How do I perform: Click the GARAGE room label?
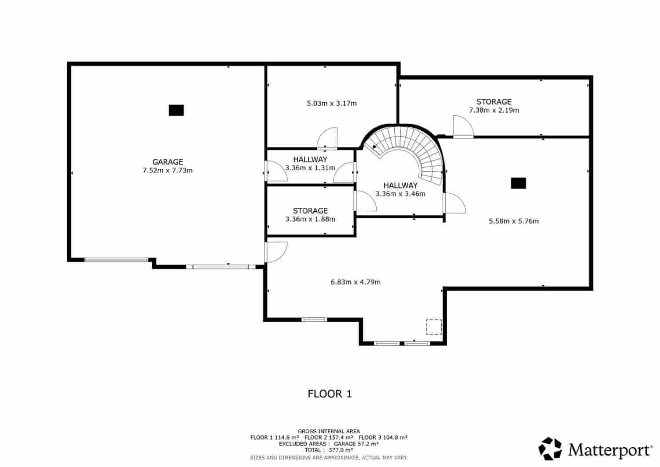pos(168,162)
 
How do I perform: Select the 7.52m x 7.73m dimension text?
pos(168,170)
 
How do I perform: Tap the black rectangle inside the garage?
pos(176,110)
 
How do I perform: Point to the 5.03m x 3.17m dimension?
pos(331,103)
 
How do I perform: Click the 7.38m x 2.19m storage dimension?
pos(494,110)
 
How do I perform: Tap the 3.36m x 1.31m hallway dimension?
pos(310,168)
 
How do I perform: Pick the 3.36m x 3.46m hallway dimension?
pos(400,194)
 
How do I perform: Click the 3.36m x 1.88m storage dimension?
pos(310,219)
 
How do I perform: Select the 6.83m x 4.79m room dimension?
pos(356,282)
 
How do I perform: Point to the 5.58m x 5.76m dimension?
pos(513,221)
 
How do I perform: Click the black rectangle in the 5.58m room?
pos(518,183)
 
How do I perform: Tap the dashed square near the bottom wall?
pos(433,327)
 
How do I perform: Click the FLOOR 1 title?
pos(330,393)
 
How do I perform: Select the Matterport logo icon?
pos(550,449)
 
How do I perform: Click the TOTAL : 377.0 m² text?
pos(329,450)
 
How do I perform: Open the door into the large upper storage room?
pos(463,127)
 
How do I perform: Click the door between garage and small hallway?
pos(275,171)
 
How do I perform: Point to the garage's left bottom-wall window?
pos(116,260)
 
